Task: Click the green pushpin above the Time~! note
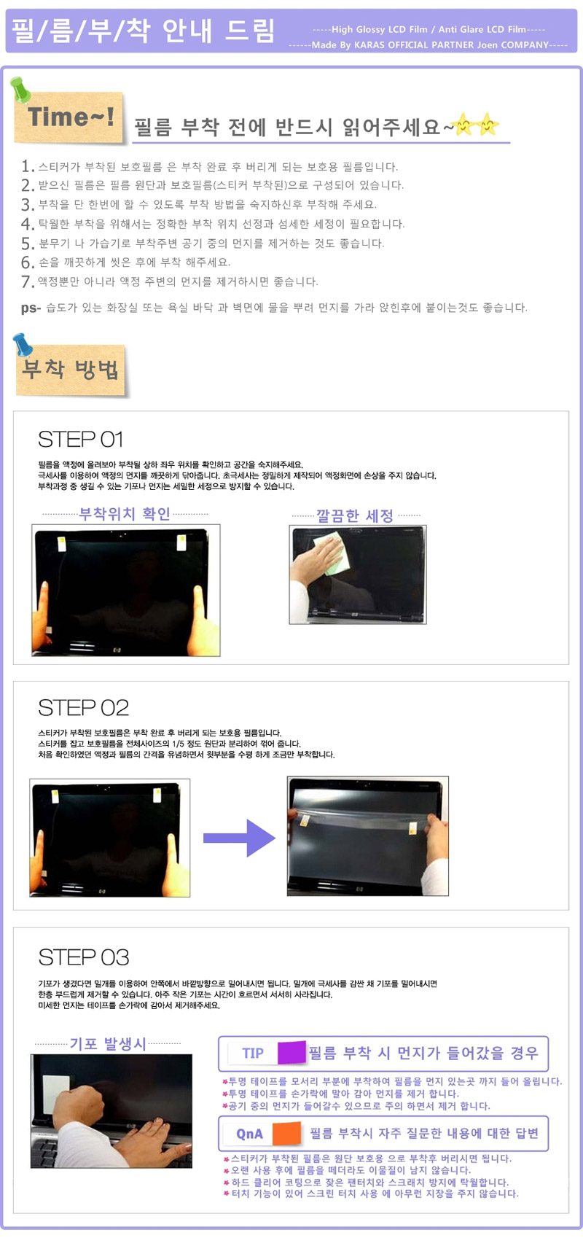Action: pyautogui.click(x=20, y=89)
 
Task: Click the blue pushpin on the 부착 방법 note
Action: pyautogui.click(x=23, y=344)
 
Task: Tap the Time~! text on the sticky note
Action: pyautogui.click(x=71, y=117)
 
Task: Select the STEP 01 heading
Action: pyautogui.click(x=81, y=440)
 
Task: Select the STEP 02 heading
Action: pyautogui.click(x=83, y=707)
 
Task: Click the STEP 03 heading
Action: pyautogui.click(x=83, y=957)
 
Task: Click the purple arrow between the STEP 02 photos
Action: pyautogui.click(x=239, y=837)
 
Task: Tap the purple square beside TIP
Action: pyautogui.click(x=291, y=1052)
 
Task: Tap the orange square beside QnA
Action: pyautogui.click(x=287, y=1132)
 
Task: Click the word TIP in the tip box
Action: pyautogui.click(x=253, y=1053)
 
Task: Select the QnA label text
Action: pyautogui.click(x=249, y=1134)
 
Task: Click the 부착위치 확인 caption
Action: pyautogui.click(x=125, y=513)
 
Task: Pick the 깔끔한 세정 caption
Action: pyautogui.click(x=355, y=515)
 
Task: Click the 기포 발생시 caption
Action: pyautogui.click(x=108, y=1043)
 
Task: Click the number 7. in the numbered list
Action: pyautogui.click(x=28, y=281)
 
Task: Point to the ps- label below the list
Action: pyautogui.click(x=31, y=308)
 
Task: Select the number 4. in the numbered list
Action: pyautogui.click(x=28, y=224)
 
